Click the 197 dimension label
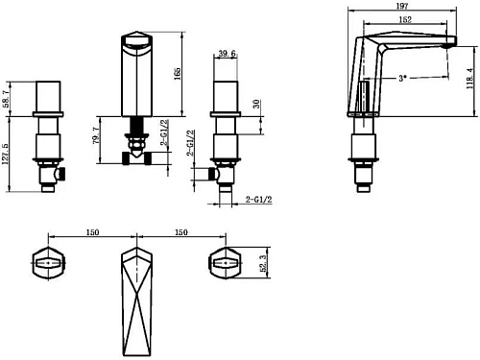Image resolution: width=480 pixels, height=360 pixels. (x=402, y=6)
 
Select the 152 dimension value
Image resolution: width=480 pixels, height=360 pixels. (x=405, y=19)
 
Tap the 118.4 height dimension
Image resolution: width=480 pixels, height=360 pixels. (x=469, y=79)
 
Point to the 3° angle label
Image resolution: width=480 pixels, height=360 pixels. (x=402, y=78)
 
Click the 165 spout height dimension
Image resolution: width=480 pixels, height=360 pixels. (x=177, y=74)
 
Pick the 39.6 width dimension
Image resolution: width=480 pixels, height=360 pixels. (x=228, y=54)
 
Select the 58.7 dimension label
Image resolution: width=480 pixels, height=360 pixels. (x=7, y=99)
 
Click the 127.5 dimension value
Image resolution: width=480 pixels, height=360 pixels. (x=6, y=154)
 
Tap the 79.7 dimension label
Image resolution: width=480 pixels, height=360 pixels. (x=96, y=135)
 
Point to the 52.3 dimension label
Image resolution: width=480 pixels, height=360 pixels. (x=263, y=263)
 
